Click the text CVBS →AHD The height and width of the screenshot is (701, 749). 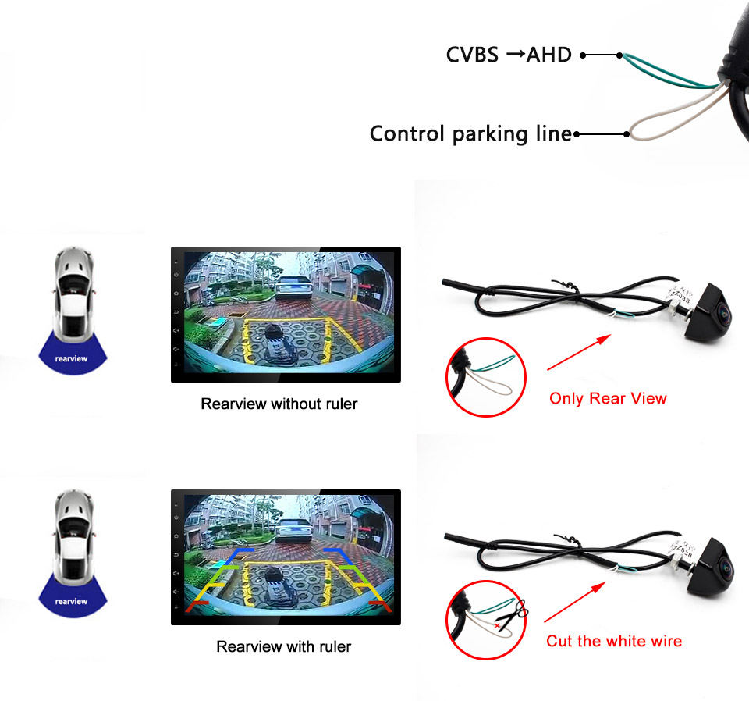coord(509,55)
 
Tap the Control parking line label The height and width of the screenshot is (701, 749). coord(470,133)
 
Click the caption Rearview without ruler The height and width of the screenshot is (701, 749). coord(279,404)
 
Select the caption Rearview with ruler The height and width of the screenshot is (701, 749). coord(284,646)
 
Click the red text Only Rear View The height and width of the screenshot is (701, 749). coord(608,398)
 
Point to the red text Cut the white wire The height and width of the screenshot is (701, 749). coord(614,641)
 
